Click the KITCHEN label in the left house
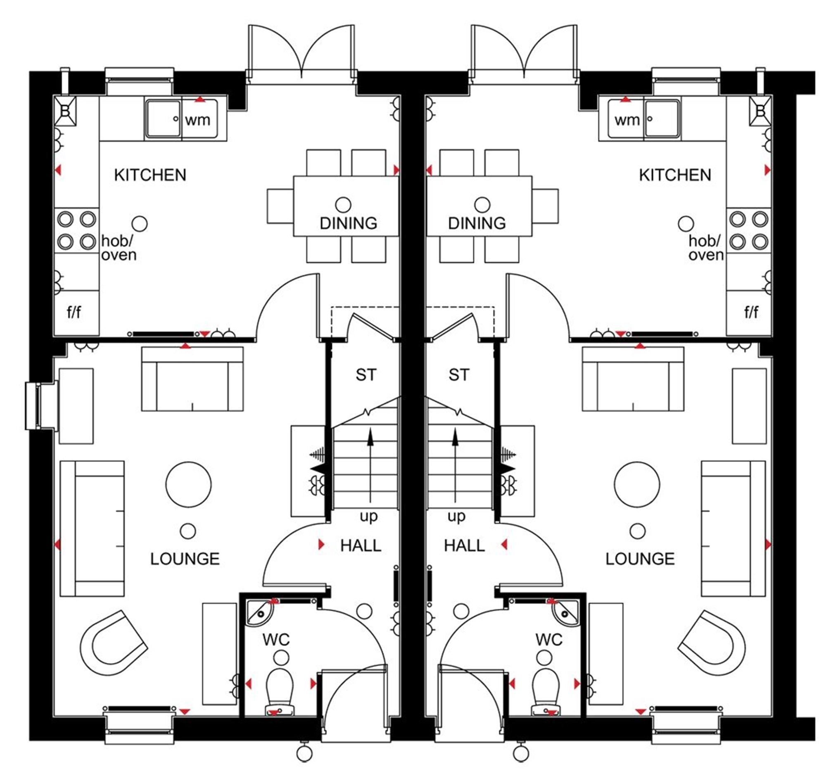coord(150,175)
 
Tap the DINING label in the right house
coord(477,224)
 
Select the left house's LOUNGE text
coord(185,559)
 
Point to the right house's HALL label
coord(464,546)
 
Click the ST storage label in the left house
coord(366,375)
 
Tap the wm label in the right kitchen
coord(627,120)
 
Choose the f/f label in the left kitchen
coord(74,312)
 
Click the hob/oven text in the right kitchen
coord(706,248)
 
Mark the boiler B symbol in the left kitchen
coord(65,111)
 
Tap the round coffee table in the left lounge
coord(188,485)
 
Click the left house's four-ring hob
coord(76,230)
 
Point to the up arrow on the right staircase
coord(455,464)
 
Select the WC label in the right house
coord(549,640)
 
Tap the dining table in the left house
coord(346,207)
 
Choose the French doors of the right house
coord(524,54)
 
